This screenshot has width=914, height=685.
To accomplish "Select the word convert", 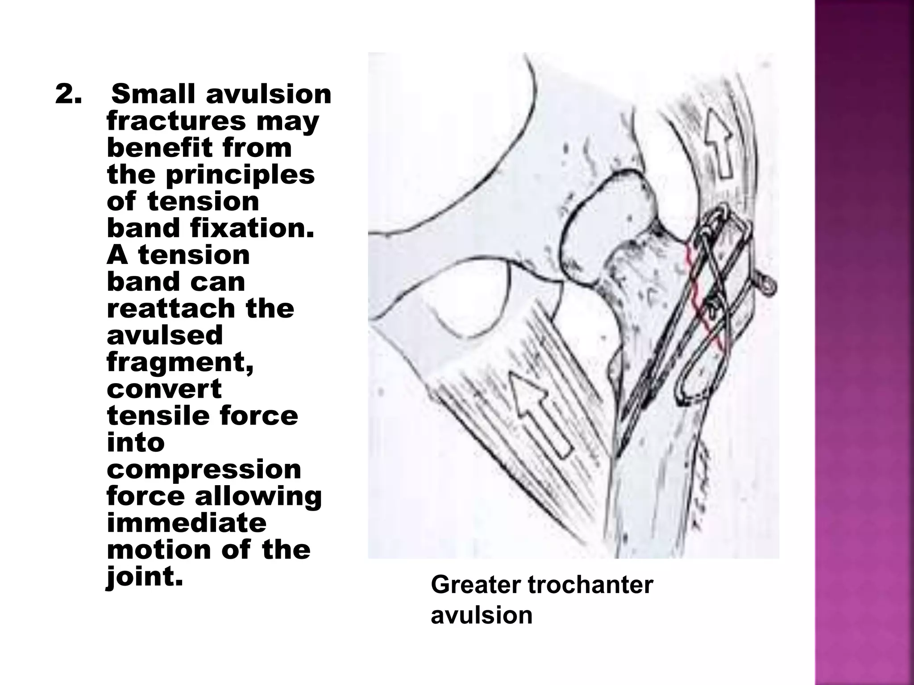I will coord(164,389).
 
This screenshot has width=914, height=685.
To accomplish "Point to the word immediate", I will coord(187,523).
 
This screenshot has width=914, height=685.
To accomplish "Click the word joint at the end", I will coord(145,577).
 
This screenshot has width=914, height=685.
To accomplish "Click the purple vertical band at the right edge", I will coord(864,342).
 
